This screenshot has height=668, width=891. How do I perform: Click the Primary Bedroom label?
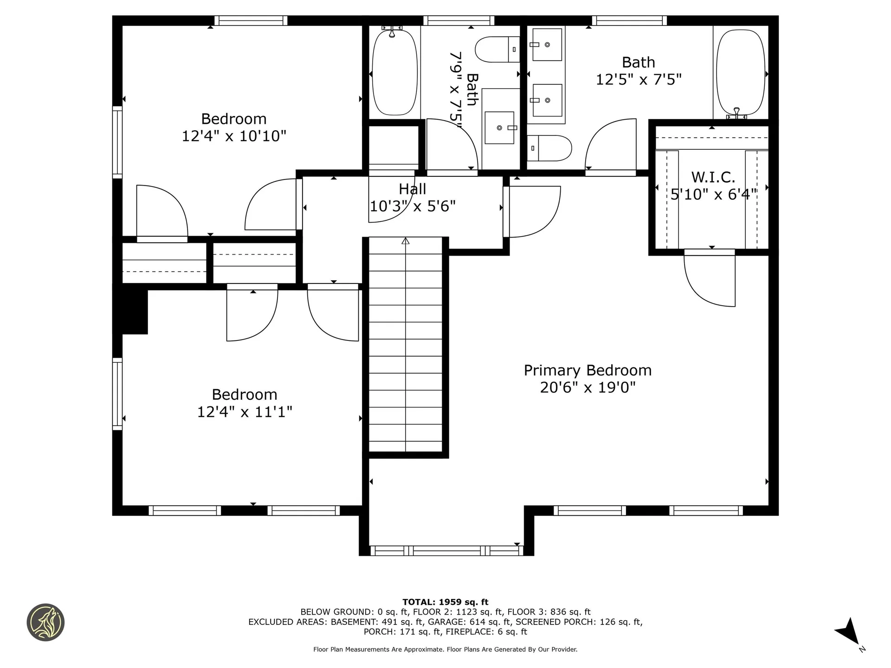click(x=588, y=370)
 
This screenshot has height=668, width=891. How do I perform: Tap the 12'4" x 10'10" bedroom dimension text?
click(x=233, y=136)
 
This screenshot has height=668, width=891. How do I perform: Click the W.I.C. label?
click(x=713, y=177)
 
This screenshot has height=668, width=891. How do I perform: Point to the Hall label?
click(x=412, y=189)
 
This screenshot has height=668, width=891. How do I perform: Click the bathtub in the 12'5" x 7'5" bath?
click(x=740, y=73)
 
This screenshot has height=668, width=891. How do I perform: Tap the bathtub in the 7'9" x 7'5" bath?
click(x=394, y=73)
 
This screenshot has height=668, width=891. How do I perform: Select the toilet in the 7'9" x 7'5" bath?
click(x=497, y=50)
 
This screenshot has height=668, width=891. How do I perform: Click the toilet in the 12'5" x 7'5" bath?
click(x=549, y=148)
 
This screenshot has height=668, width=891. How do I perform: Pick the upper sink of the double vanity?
click(x=547, y=45)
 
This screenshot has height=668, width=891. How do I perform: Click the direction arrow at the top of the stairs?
click(x=406, y=241)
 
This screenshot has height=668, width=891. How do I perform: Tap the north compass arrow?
click(x=849, y=631)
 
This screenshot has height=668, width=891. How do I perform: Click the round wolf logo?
click(x=45, y=623)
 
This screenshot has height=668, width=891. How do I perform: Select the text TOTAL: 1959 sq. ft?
click(x=445, y=602)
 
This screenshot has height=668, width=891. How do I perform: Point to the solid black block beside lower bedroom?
click(x=135, y=311)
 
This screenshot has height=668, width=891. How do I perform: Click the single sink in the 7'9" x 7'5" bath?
click(x=499, y=128)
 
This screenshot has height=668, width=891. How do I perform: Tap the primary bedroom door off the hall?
click(x=534, y=211)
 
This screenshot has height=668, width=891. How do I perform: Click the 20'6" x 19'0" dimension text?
click(x=588, y=387)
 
